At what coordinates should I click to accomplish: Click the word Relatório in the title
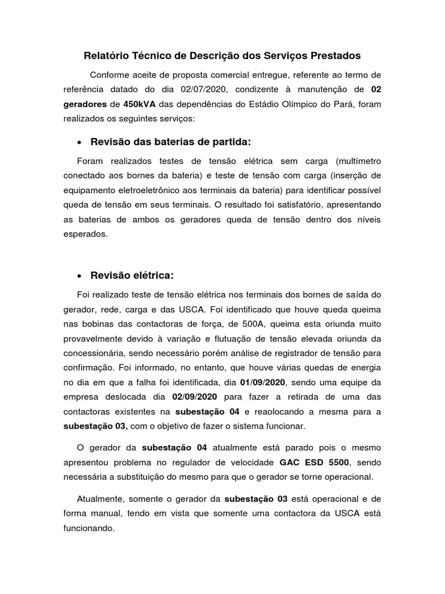click(x=105, y=56)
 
